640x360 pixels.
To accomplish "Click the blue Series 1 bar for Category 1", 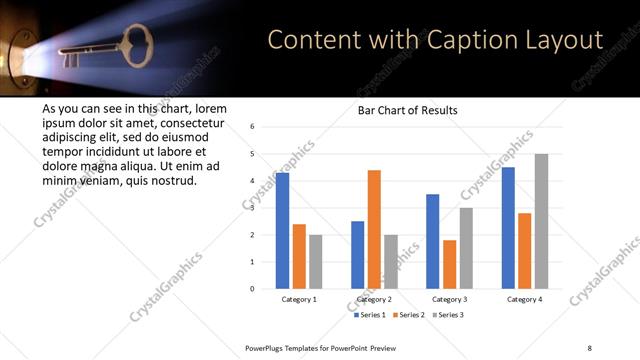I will pyautogui.click(x=283, y=231).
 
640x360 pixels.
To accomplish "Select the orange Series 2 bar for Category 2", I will pyautogui.click(x=374, y=229).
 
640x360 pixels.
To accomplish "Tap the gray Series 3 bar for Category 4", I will pyautogui.click(x=541, y=221).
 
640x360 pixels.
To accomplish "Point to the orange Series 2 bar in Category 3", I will pyautogui.click(x=449, y=264).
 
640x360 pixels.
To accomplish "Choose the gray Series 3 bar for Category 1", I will pyautogui.click(x=316, y=261).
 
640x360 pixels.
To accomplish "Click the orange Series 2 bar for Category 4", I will pyautogui.click(x=525, y=251).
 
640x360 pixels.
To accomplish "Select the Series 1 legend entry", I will pyautogui.click(x=371, y=315).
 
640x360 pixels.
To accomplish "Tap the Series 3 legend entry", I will pyautogui.click(x=447, y=315).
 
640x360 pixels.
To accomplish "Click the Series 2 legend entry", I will pyautogui.click(x=409, y=315).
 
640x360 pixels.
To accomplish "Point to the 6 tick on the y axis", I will pyautogui.click(x=253, y=127).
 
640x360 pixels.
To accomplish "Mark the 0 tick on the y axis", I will pyautogui.click(x=253, y=289).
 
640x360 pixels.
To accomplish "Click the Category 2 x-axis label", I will pyautogui.click(x=374, y=299).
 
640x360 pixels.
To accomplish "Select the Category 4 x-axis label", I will pyautogui.click(x=525, y=299).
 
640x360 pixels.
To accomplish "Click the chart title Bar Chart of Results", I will pyautogui.click(x=408, y=110).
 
